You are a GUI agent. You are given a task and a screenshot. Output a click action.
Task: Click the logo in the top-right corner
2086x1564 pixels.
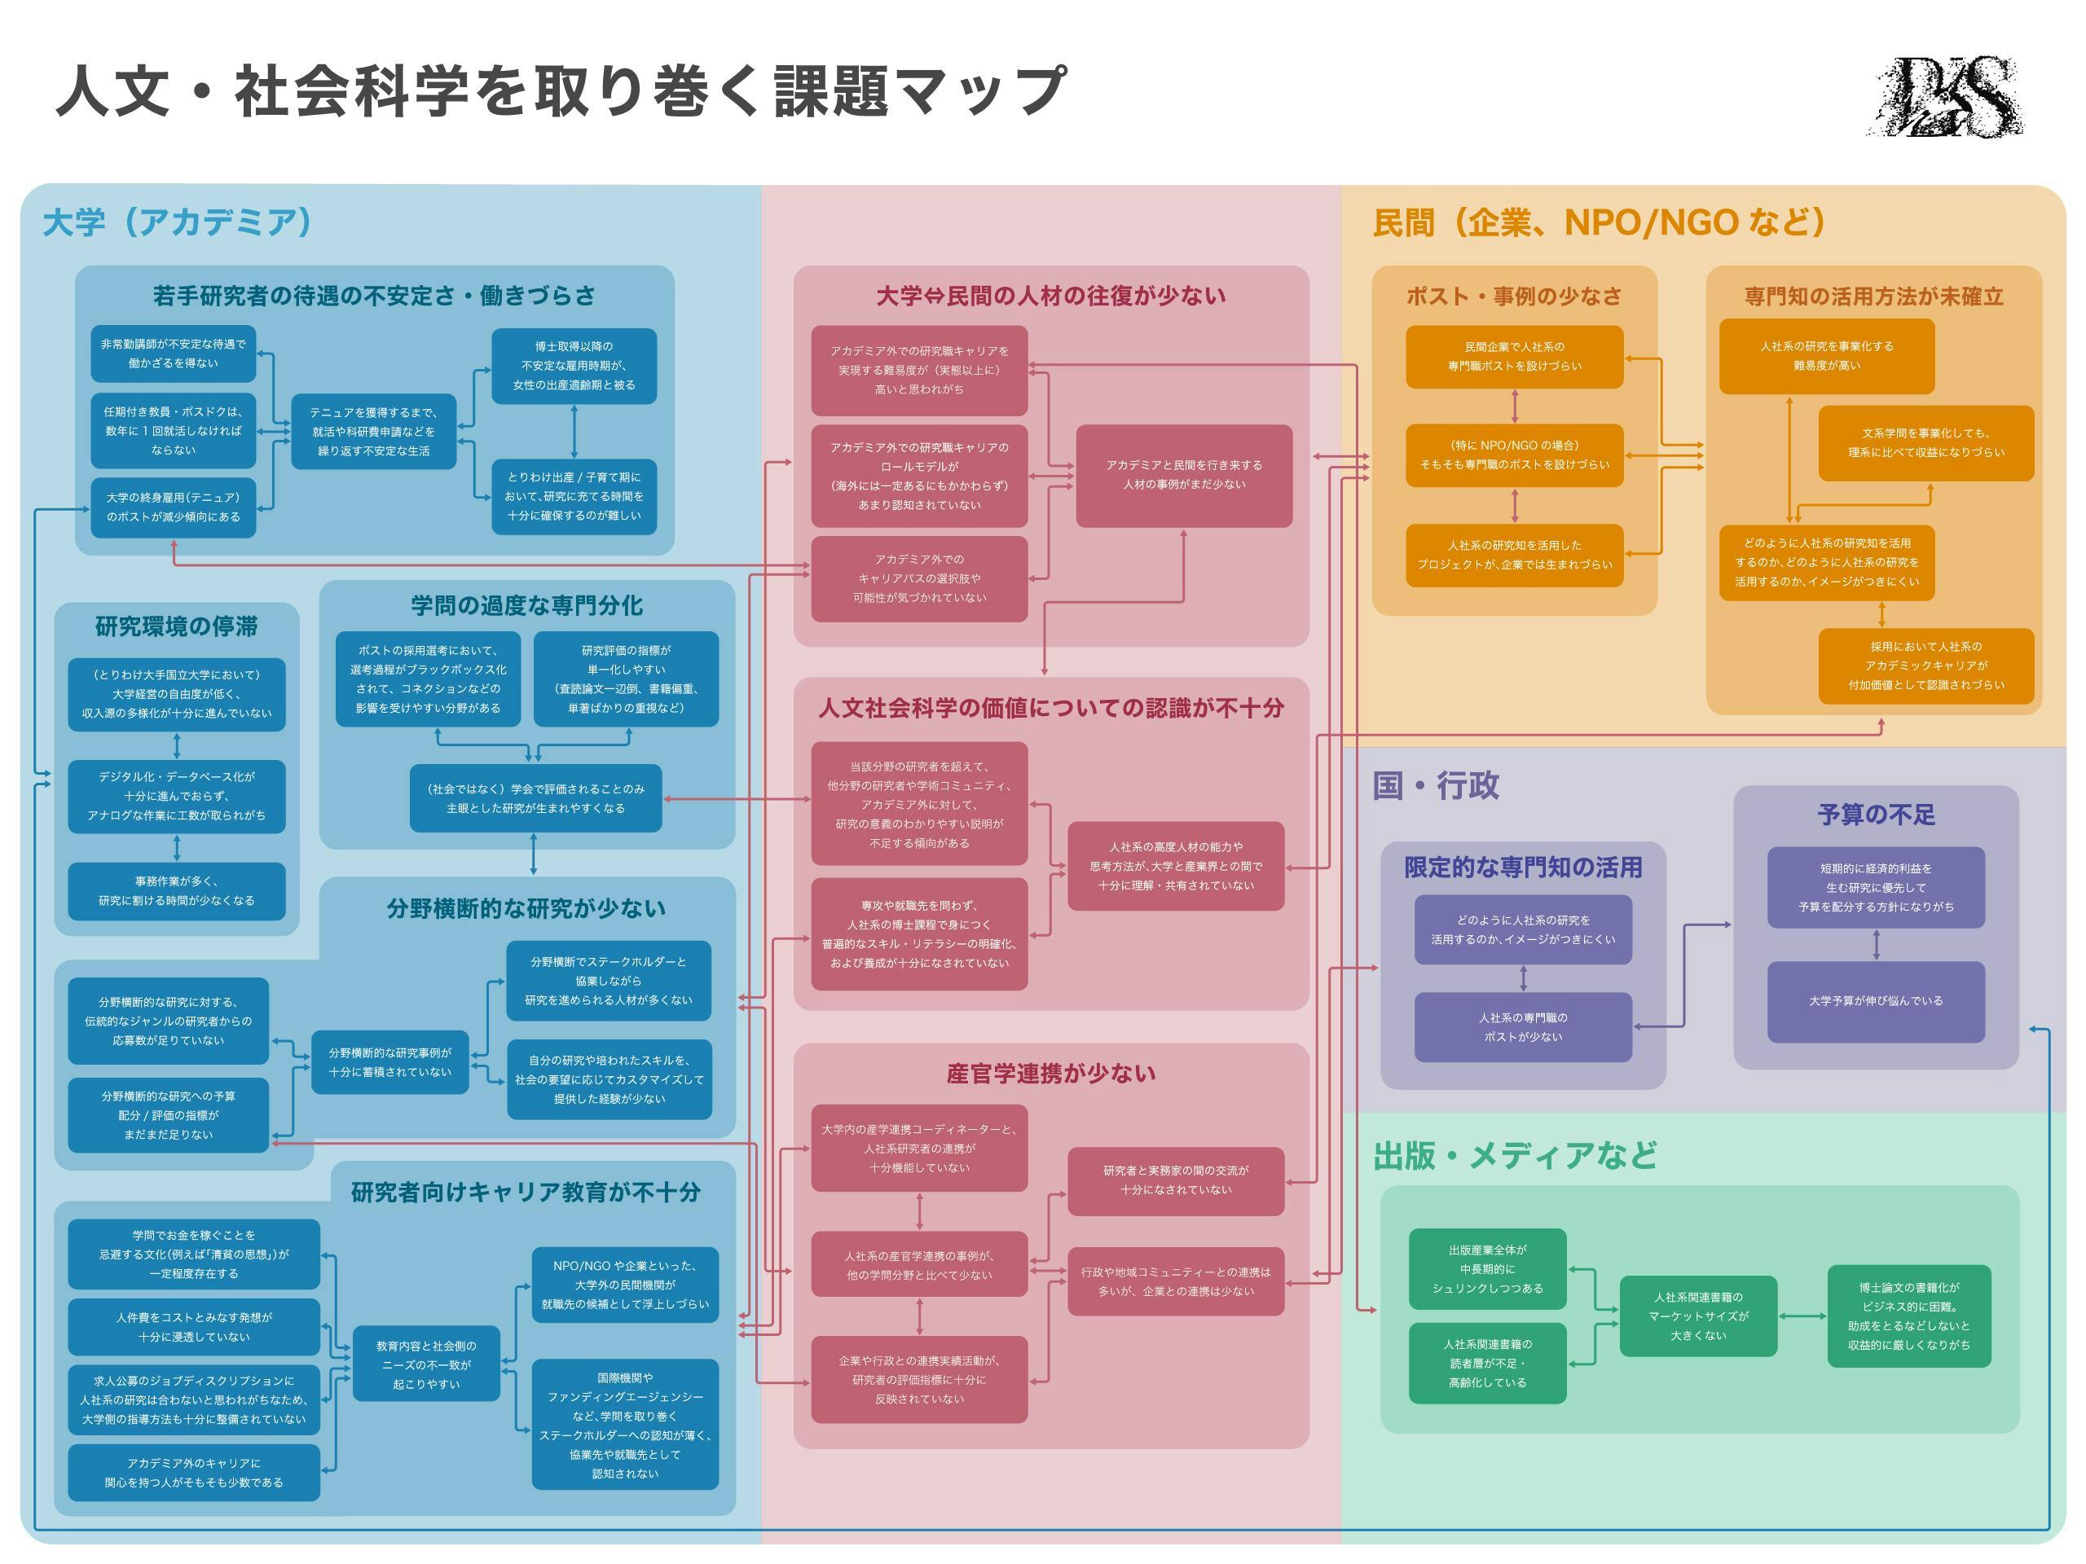1946,97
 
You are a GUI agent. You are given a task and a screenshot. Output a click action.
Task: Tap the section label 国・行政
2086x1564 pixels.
1435,785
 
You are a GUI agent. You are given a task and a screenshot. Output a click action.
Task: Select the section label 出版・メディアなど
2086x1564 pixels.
1515,1155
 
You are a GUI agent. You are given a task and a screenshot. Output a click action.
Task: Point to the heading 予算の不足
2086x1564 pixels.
1876,815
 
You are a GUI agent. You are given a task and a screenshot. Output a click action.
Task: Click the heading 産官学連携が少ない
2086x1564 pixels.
1050,1074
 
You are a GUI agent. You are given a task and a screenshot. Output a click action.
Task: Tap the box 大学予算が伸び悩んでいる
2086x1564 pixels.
1876,1001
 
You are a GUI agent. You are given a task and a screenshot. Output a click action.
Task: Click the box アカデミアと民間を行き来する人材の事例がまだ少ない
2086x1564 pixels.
1183,475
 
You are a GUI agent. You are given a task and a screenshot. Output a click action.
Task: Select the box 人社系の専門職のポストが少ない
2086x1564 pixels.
1522,1026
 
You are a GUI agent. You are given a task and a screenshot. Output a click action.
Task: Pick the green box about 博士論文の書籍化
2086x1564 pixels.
1908,1316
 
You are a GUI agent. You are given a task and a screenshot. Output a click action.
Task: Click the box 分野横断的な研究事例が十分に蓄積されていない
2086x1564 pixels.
389,1062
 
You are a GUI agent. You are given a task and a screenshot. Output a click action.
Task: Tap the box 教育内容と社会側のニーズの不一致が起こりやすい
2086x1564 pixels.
426,1364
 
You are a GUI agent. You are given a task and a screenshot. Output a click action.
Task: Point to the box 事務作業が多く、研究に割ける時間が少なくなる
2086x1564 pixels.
176,891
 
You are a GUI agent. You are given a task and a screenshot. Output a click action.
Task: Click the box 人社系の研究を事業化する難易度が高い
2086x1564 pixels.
1826,355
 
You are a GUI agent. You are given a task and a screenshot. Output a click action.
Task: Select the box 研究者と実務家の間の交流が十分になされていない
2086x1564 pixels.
1175,1180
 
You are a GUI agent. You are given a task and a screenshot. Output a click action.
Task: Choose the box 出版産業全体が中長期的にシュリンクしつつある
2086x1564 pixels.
1487,1269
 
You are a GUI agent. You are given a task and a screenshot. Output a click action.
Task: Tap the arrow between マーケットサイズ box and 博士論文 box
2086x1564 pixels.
1802,1316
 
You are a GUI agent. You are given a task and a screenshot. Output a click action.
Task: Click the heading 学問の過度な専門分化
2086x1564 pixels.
526,605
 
